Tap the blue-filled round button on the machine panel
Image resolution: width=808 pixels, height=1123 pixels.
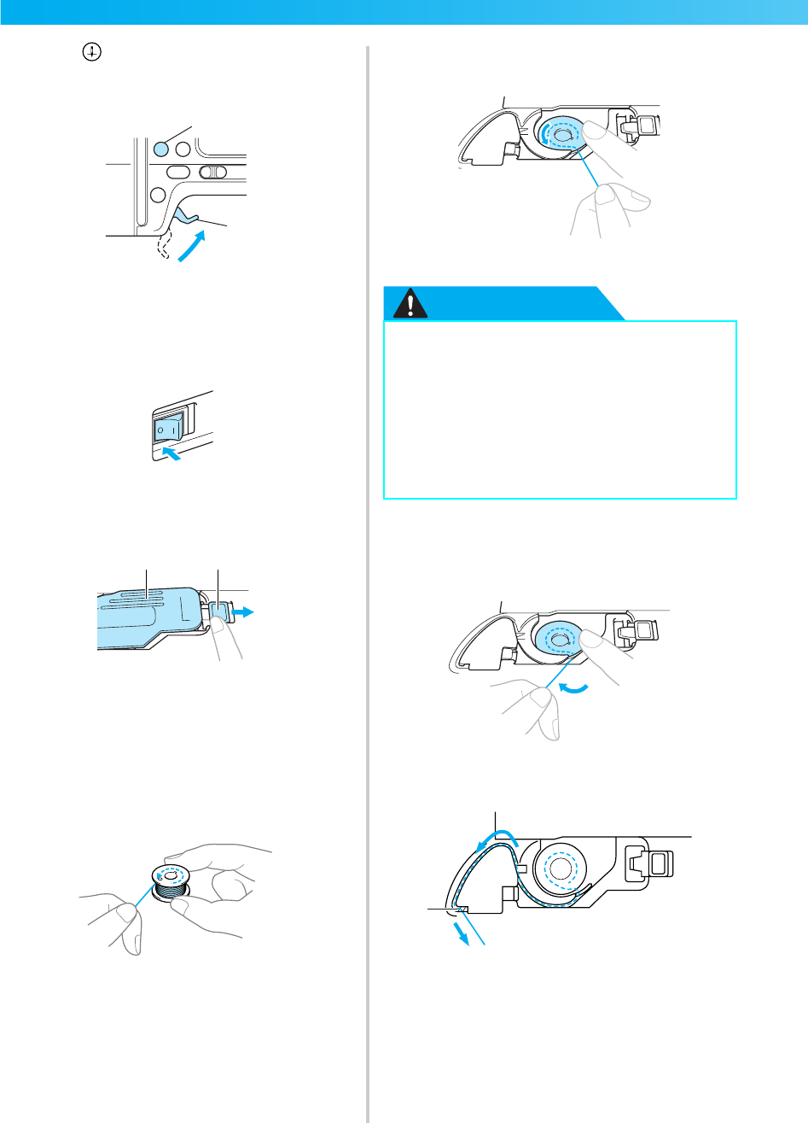[x=160, y=149]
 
